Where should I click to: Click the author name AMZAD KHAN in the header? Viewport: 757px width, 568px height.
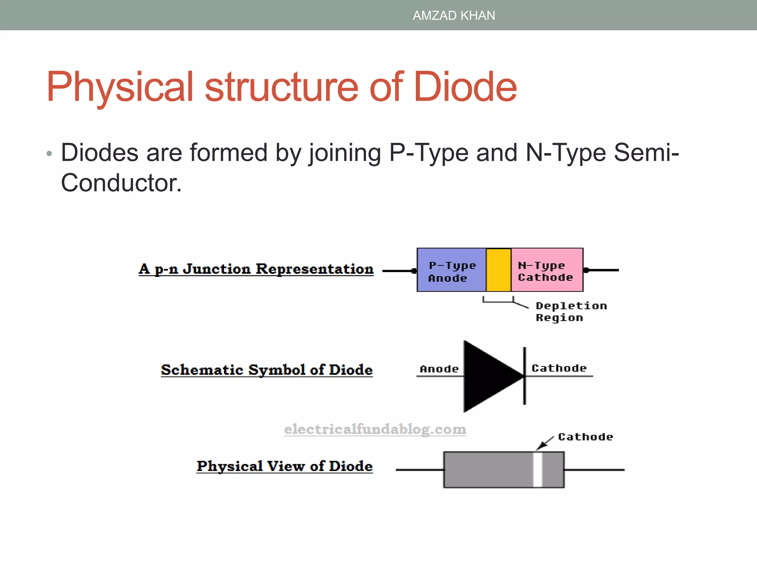454,16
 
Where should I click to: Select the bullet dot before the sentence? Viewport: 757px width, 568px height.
50,153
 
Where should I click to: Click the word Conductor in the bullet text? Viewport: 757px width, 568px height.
121,183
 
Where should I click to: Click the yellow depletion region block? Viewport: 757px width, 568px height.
498,270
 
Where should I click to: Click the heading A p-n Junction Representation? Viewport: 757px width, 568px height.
256,269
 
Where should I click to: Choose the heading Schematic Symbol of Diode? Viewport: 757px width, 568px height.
267,370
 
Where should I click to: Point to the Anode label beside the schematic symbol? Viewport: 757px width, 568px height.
439,369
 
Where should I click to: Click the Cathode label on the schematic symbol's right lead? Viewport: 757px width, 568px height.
559,368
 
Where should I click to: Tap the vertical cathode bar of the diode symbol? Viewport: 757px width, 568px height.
525,376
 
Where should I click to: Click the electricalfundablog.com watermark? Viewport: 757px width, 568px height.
375,429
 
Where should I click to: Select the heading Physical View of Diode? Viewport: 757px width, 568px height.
284,466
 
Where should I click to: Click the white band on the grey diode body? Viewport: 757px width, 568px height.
538,470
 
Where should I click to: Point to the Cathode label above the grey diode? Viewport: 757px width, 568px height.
585,437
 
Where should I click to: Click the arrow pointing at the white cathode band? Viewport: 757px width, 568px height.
544,443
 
